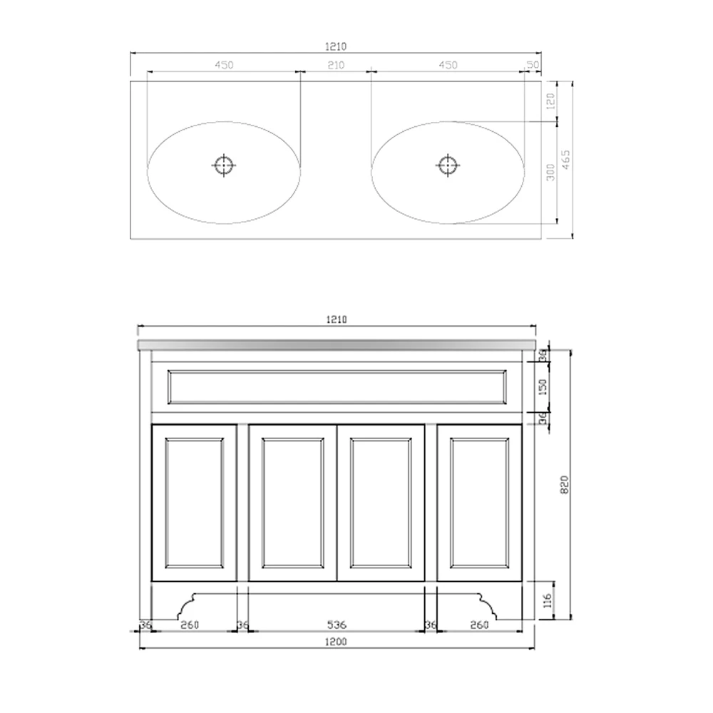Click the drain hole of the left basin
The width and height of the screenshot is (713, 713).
coord(224,165)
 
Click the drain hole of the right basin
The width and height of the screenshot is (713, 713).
coord(447,165)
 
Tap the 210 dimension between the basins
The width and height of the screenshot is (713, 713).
coord(336,65)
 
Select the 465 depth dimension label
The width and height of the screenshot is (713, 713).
coord(565,160)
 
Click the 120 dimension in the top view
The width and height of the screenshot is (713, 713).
coord(549,101)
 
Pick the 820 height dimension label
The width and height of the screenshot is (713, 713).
coord(564,485)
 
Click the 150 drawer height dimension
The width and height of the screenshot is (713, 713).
coord(543,387)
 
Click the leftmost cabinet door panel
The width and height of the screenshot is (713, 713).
coord(194,502)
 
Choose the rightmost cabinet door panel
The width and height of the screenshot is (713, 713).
coord(479,502)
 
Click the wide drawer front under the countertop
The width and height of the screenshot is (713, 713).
coord(337,386)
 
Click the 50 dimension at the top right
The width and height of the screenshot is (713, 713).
coord(532,65)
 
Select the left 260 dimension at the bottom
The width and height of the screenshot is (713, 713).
coord(190,625)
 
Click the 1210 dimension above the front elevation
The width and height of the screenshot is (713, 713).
coord(337,320)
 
